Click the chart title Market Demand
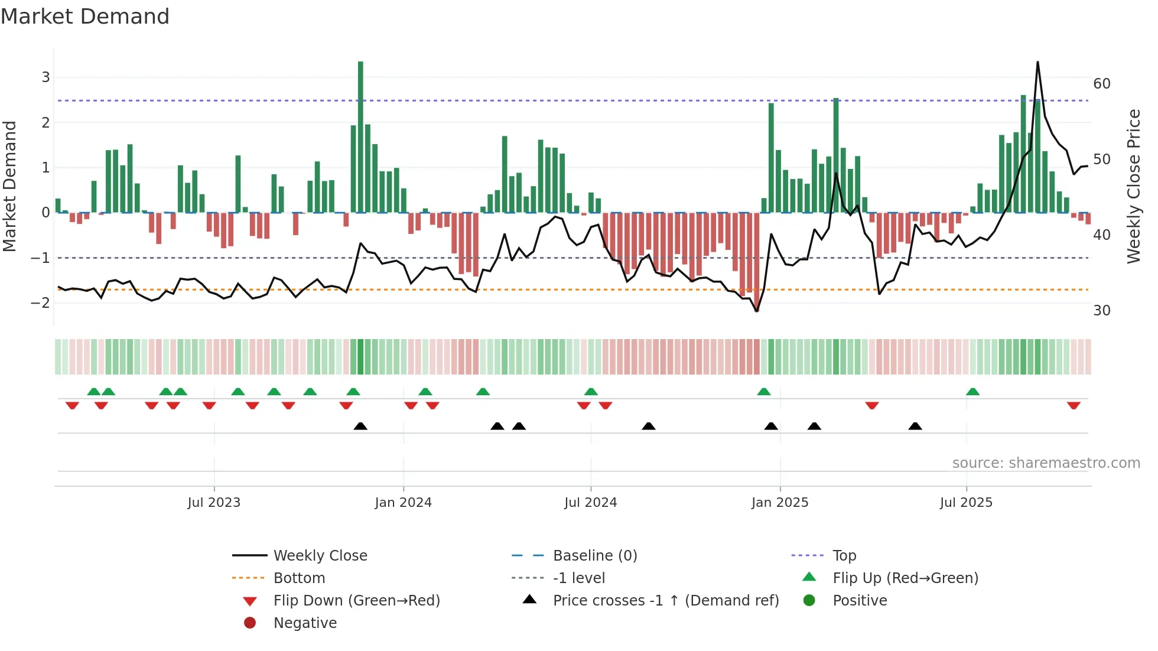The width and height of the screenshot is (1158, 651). tap(85, 16)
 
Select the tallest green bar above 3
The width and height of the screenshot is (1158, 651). tap(360, 136)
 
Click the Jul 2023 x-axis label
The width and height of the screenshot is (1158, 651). tap(214, 503)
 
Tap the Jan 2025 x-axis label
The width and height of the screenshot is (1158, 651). tap(780, 503)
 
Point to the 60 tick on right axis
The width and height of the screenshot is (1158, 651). tap(1102, 84)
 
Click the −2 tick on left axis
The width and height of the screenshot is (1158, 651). tap(40, 303)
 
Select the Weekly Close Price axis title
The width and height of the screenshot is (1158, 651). tap(1133, 186)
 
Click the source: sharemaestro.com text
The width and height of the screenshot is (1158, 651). tap(1046, 463)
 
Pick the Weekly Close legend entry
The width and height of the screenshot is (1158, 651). tap(320, 556)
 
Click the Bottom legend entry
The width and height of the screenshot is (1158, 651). tap(299, 578)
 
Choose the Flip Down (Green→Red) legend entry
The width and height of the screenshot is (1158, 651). tap(356, 601)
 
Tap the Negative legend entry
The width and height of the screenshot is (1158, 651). tap(305, 623)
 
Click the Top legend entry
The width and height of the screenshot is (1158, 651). tap(844, 556)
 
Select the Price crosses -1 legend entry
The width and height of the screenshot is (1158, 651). tap(665, 601)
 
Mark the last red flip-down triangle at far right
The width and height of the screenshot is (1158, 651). tap(1074, 405)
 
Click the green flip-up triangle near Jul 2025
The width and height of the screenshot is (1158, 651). tap(972, 392)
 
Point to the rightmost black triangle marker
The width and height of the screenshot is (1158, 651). tap(915, 426)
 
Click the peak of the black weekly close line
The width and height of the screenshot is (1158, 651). tap(1037, 62)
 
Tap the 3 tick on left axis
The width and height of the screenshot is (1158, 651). tap(45, 77)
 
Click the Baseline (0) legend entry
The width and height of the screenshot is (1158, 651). tap(594, 556)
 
